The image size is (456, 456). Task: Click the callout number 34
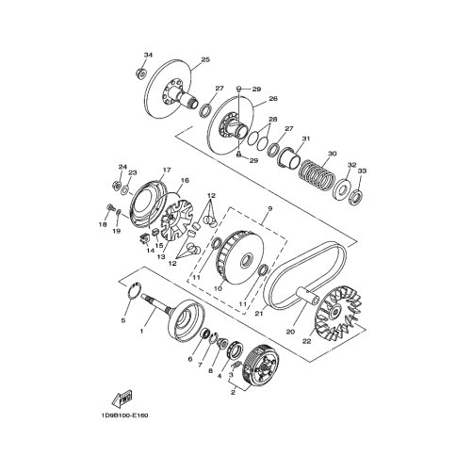point(148,55)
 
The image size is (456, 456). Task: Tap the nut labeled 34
point(141,74)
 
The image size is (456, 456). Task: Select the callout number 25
point(205,59)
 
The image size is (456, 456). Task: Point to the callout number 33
point(362,171)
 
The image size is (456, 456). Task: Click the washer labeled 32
point(342,189)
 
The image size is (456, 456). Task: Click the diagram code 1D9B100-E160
point(124,415)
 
